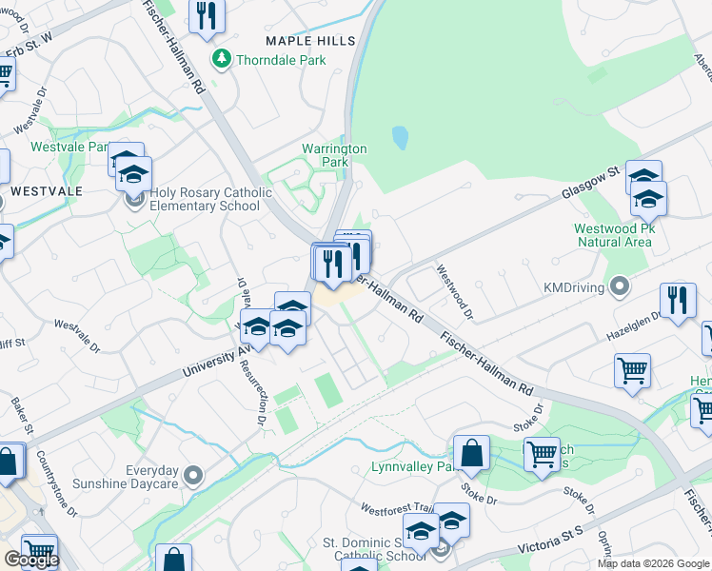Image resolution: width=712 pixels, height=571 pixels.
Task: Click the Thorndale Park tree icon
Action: point(222,60)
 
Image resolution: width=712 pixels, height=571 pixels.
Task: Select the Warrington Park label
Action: point(334,155)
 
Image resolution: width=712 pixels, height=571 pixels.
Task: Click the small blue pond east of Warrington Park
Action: point(400,139)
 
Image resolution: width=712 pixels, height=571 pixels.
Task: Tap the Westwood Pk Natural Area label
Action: point(613,235)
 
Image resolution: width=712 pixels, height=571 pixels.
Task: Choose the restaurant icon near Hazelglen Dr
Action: point(677,301)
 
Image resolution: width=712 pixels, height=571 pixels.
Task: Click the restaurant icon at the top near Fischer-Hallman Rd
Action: point(207,14)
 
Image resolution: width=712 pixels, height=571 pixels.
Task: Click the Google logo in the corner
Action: point(30,560)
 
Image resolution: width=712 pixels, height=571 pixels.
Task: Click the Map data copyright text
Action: point(654,563)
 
